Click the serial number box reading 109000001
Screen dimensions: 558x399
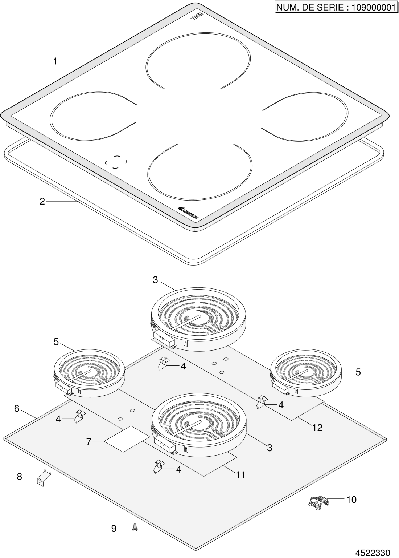(335, 7)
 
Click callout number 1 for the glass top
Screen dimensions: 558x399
(55, 61)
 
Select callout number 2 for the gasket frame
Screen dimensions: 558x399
(42, 201)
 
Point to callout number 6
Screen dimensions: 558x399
(17, 408)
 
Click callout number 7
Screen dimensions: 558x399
(89, 442)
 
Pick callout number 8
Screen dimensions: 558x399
(20, 476)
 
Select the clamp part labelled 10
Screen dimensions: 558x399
(319, 502)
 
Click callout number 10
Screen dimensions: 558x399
(351, 500)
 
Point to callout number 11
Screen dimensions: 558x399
(241, 475)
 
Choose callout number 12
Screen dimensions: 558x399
(317, 428)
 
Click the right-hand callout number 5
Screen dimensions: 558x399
(358, 372)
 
